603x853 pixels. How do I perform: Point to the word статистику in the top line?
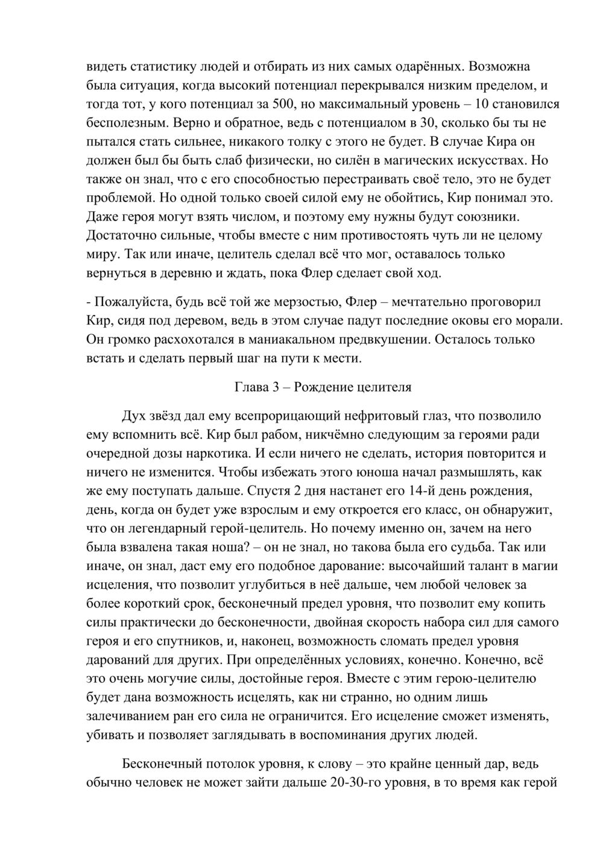158,66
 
